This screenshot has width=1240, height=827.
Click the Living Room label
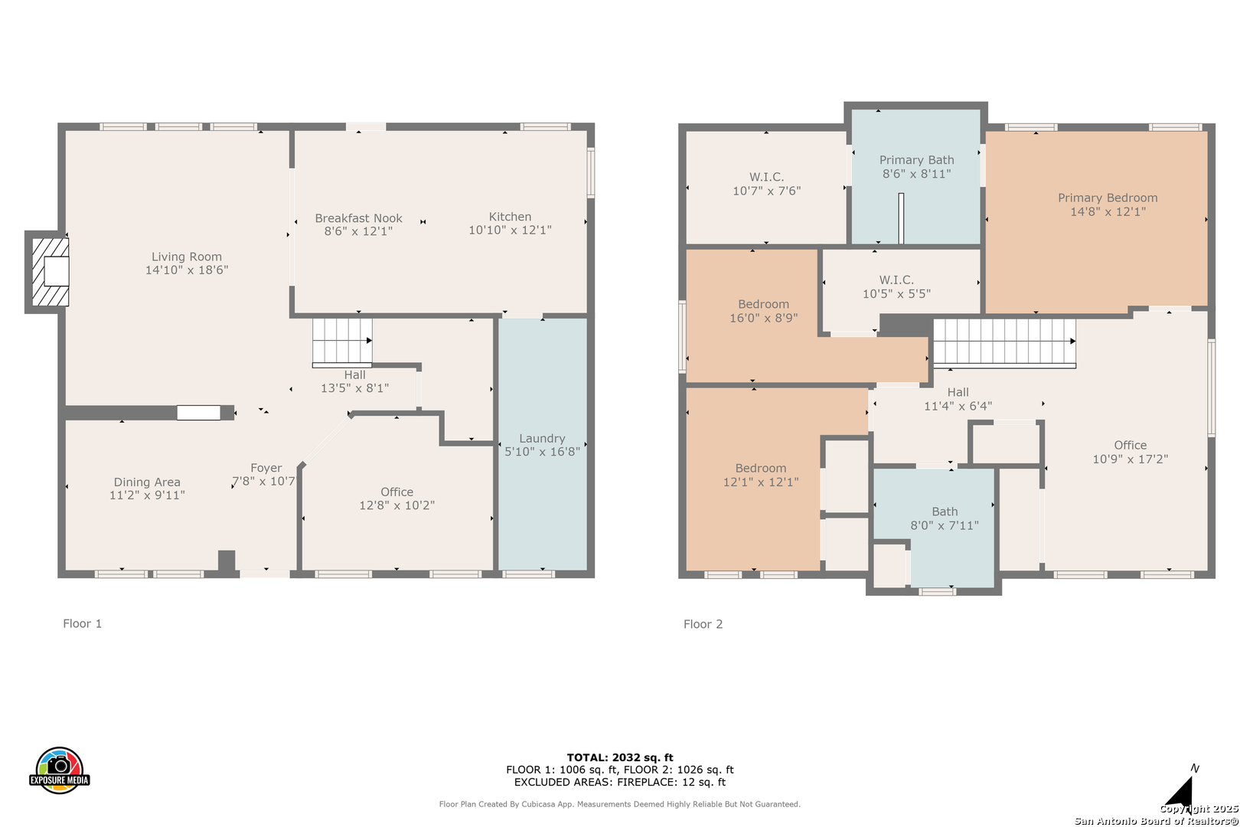click(x=187, y=257)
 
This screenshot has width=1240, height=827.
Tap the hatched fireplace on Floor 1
click(x=51, y=271)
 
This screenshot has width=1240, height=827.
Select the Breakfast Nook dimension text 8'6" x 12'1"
click(x=358, y=231)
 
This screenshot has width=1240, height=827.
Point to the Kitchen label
click(x=510, y=217)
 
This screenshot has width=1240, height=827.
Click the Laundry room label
click(x=542, y=439)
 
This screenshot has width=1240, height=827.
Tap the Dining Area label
click(x=147, y=482)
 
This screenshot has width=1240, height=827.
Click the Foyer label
click(x=266, y=468)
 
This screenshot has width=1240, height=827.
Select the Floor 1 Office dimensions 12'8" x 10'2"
click(x=397, y=505)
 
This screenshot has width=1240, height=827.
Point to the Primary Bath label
click(x=917, y=160)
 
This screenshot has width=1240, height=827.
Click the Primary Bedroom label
click(x=1108, y=198)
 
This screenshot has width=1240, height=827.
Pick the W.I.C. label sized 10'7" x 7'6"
click(x=767, y=177)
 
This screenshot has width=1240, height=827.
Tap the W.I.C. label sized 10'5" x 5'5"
click(x=896, y=279)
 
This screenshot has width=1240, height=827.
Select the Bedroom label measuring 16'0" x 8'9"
click(x=763, y=304)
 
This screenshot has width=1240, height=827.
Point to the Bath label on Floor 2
click(x=945, y=512)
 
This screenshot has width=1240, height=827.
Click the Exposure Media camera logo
click(x=59, y=770)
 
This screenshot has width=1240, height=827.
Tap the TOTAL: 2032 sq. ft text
click(x=619, y=757)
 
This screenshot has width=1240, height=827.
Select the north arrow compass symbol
click(x=1180, y=790)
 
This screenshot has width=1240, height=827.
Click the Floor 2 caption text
click(x=703, y=624)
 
